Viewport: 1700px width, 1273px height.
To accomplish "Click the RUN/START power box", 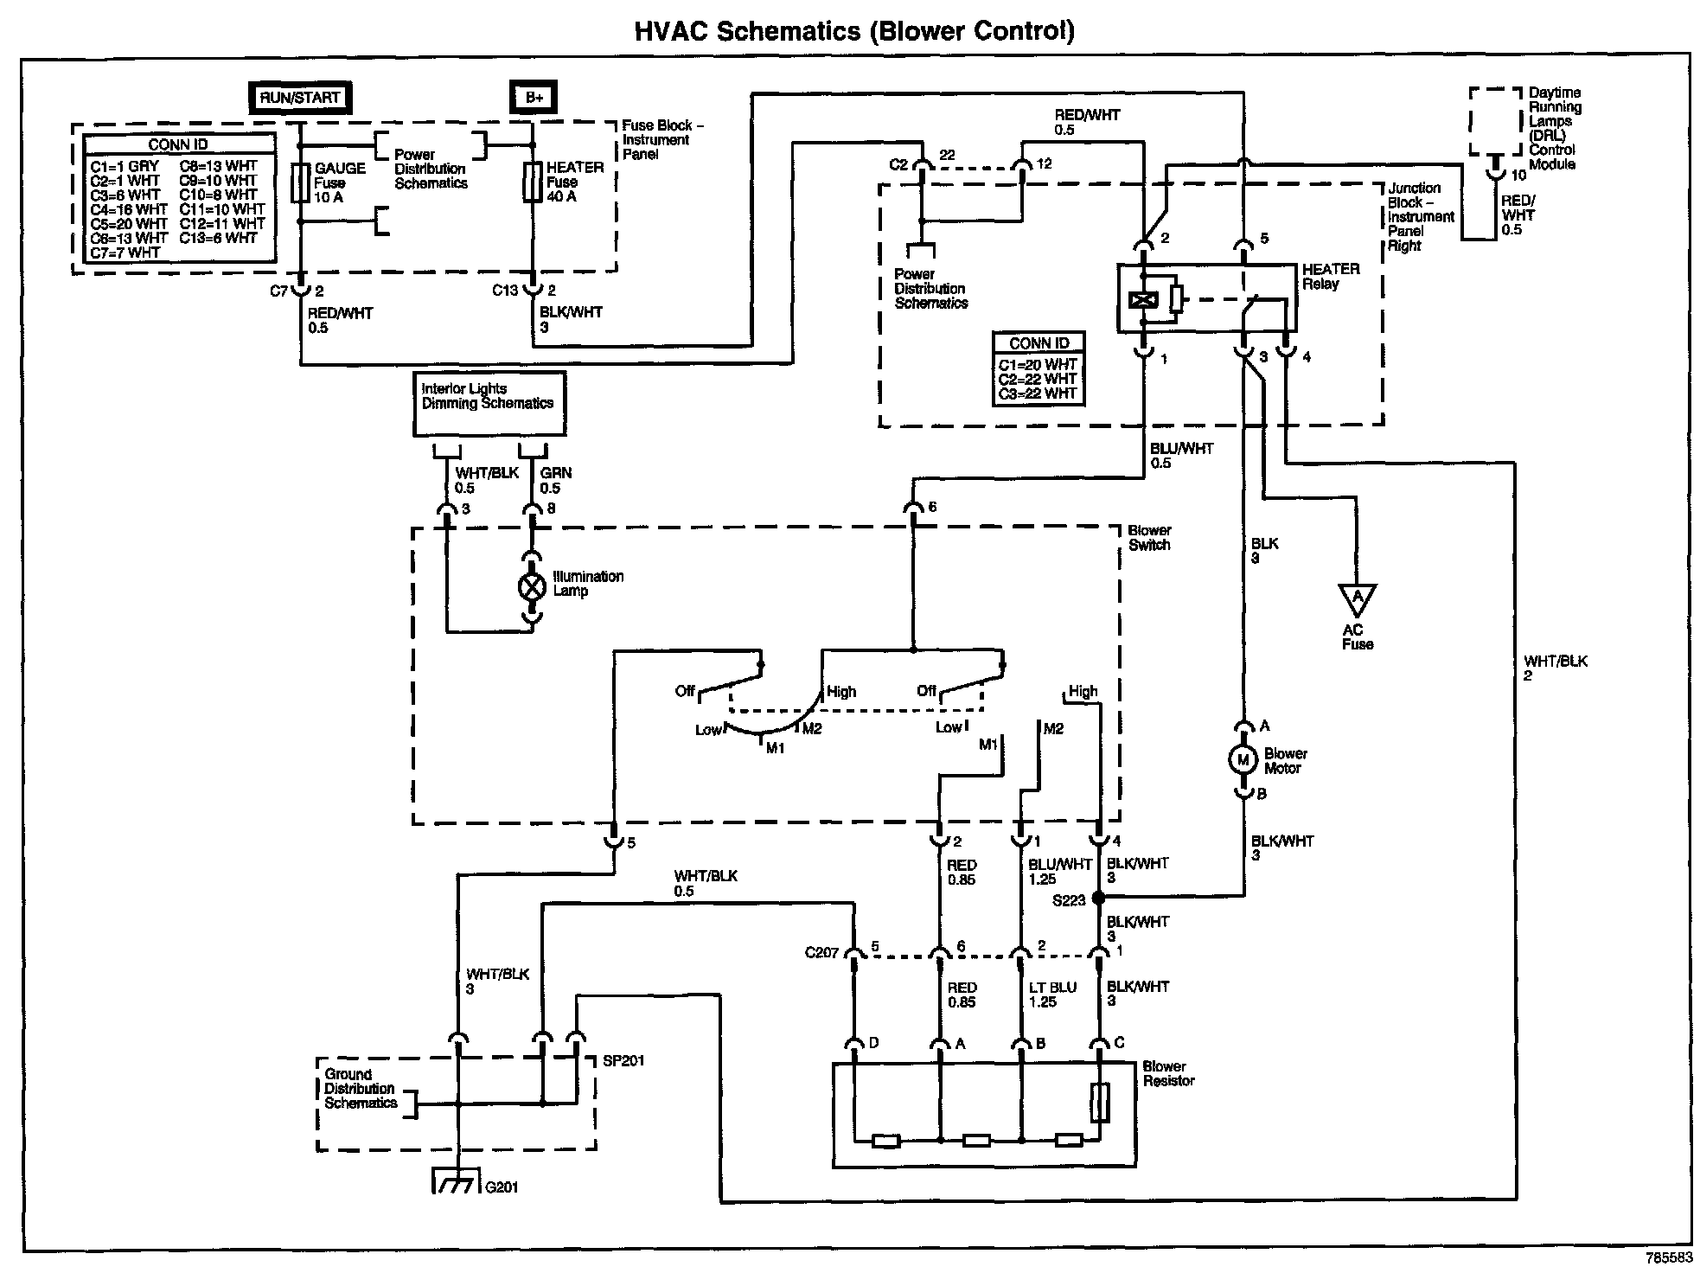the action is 300,98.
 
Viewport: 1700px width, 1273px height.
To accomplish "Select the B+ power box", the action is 534,98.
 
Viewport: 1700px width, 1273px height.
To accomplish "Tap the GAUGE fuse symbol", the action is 300,183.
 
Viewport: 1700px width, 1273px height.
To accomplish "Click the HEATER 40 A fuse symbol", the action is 533,183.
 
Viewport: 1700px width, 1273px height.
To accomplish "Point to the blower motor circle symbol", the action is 1243,760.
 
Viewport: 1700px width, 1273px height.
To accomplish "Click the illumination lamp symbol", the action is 531,587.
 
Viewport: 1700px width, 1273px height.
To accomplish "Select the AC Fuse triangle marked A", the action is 1357,597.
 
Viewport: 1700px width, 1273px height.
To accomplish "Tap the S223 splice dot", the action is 1099,899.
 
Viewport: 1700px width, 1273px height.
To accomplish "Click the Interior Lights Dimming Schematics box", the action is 489,404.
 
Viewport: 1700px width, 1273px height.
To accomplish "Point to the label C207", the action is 821,953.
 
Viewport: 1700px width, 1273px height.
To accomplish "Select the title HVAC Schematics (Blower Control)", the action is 855,31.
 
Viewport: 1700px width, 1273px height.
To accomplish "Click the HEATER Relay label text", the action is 1331,277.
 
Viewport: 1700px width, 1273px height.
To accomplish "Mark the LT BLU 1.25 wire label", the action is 1052,995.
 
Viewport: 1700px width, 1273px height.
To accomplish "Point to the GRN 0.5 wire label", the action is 556,481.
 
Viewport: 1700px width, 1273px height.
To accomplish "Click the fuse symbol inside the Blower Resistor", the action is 1099,1103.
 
